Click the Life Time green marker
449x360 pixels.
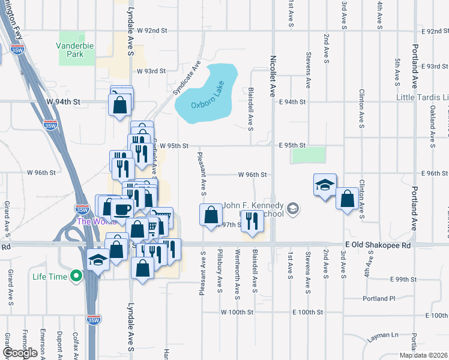76,277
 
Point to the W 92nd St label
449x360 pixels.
151,30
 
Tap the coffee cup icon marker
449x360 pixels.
122,209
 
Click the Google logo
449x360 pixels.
20,353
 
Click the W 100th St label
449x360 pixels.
238,313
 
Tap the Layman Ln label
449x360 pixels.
383,336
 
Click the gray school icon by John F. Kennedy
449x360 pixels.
293,209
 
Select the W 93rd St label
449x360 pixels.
151,71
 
